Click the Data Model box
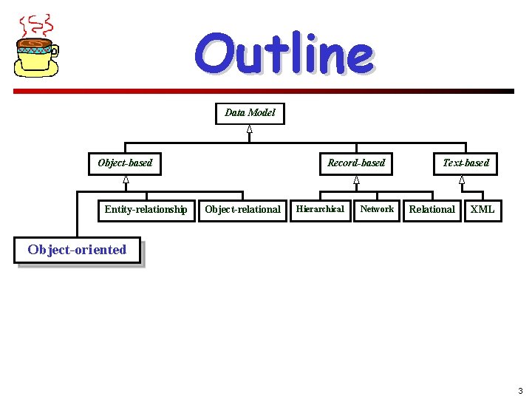250,113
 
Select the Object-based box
125,163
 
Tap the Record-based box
356,163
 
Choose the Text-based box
465,163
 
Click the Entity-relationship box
146,210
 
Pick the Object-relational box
242,210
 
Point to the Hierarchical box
320,209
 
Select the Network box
377,209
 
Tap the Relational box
432,210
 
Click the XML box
482,210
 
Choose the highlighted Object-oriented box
78,250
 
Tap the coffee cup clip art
36,56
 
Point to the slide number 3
520,391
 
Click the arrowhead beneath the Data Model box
250,129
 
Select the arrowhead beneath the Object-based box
126,180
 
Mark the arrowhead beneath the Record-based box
356,180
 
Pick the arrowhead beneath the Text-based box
462,180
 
